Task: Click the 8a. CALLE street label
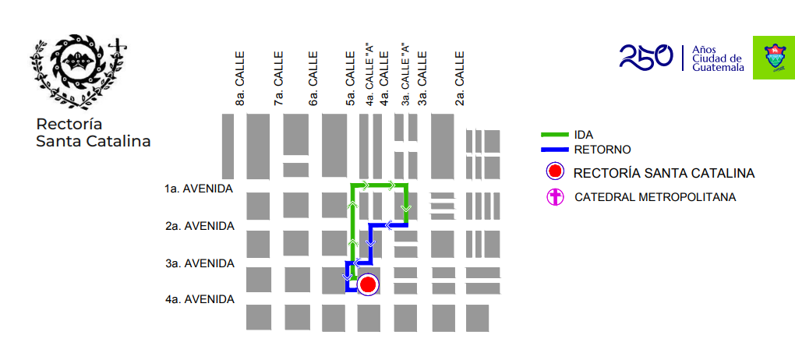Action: click(x=240, y=79)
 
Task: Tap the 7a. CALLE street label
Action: click(x=278, y=79)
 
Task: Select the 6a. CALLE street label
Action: click(x=313, y=79)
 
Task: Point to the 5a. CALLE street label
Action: click(x=351, y=79)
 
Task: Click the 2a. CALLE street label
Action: click(x=460, y=79)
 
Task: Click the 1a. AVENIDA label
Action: click(x=199, y=189)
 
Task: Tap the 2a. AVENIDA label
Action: click(x=199, y=226)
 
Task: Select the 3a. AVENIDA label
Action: click(x=199, y=263)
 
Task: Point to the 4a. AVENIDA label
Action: click(x=199, y=299)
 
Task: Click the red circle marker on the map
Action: click(x=367, y=285)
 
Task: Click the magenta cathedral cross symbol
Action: click(x=554, y=197)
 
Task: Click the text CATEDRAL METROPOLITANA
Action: click(x=655, y=197)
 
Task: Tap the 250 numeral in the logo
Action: click(x=646, y=56)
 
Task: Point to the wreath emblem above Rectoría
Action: click(x=76, y=70)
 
